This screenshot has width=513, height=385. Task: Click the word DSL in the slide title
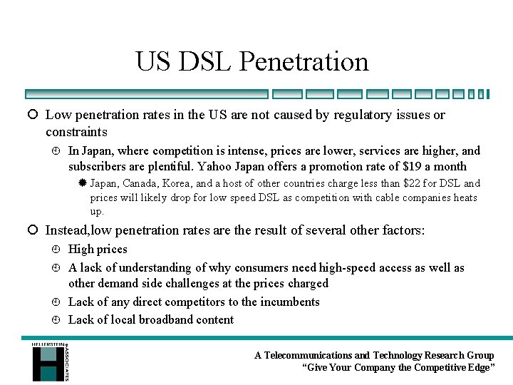pyautogui.click(x=205, y=61)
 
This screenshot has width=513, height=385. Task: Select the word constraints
pyautogui.click(x=76, y=132)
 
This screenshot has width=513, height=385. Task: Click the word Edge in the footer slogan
pyautogui.click(x=479, y=368)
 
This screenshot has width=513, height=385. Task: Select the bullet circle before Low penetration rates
pyautogui.click(x=33, y=115)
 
